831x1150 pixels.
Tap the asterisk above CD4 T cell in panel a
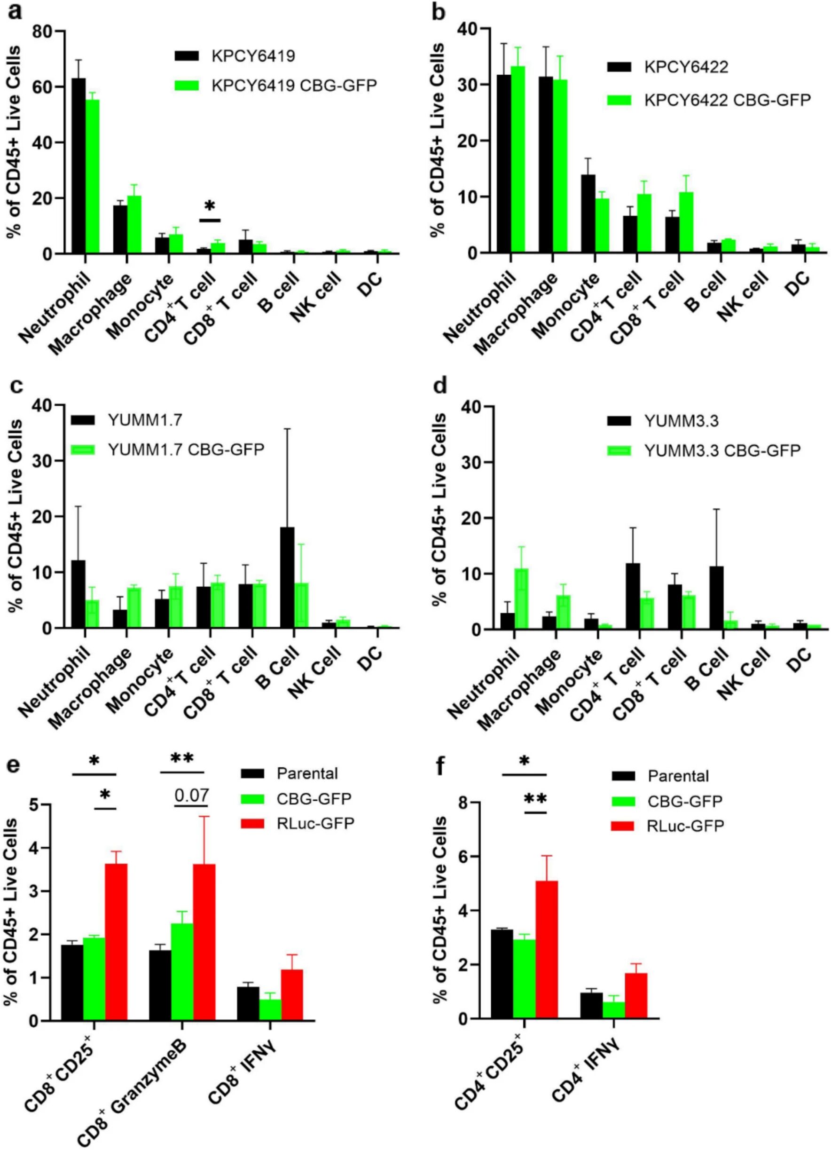[210, 206]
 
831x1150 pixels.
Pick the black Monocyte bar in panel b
[588, 213]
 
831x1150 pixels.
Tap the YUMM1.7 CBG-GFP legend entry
[167, 449]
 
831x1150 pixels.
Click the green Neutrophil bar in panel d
[521, 599]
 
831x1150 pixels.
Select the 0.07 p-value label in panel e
[191, 795]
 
